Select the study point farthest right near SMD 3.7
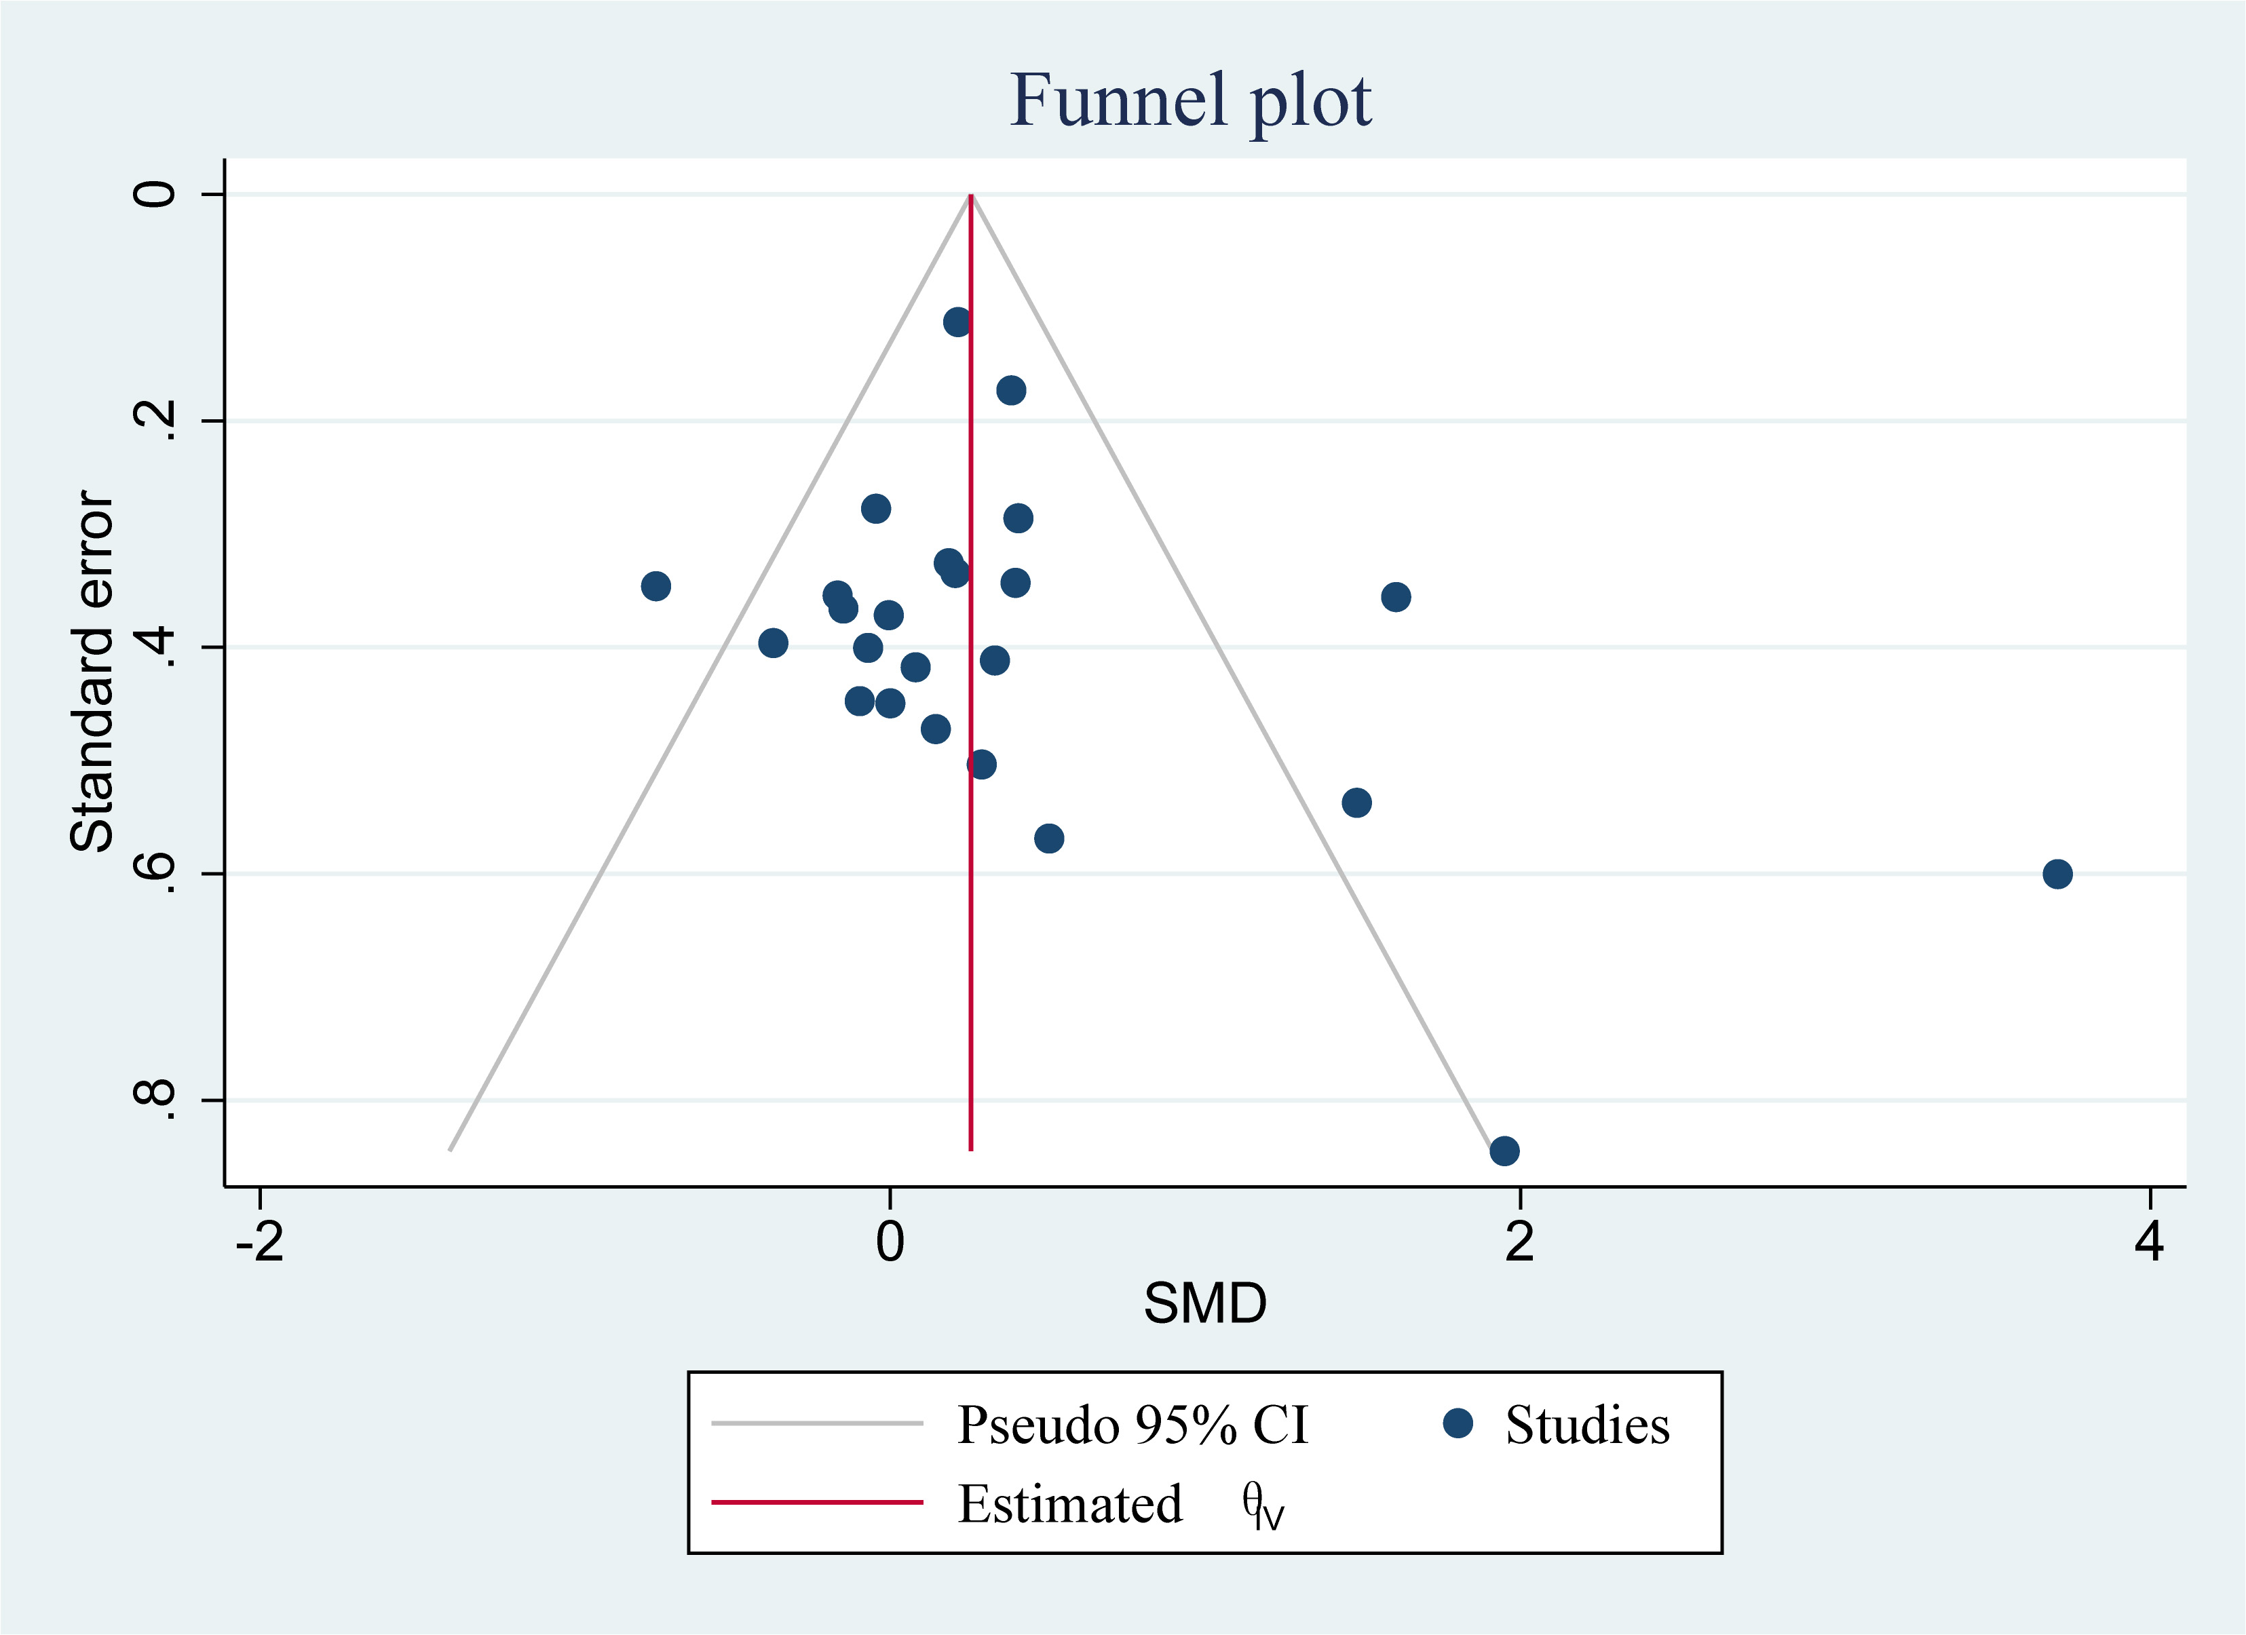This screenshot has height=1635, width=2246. coord(2057,873)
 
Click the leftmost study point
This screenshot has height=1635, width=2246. coord(655,586)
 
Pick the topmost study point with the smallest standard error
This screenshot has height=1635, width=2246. coord(957,322)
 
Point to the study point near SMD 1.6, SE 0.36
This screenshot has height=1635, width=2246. coord(1395,597)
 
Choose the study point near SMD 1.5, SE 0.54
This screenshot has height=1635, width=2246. coord(1356,802)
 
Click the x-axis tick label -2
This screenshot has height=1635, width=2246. coord(259,1242)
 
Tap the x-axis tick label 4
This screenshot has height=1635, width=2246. coord(2149,1242)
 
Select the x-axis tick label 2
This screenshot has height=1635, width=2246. coord(1519,1242)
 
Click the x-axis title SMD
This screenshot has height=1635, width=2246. coord(1204,1303)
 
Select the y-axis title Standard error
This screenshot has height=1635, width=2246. coord(92,672)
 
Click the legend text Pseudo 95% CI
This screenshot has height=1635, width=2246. coord(1132,1425)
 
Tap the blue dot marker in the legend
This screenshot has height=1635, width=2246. coord(1458,1423)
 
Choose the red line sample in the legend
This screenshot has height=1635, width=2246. coord(817,1502)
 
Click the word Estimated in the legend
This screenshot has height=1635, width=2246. coord(1069,1504)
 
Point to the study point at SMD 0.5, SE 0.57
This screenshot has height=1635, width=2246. coord(1049,839)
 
